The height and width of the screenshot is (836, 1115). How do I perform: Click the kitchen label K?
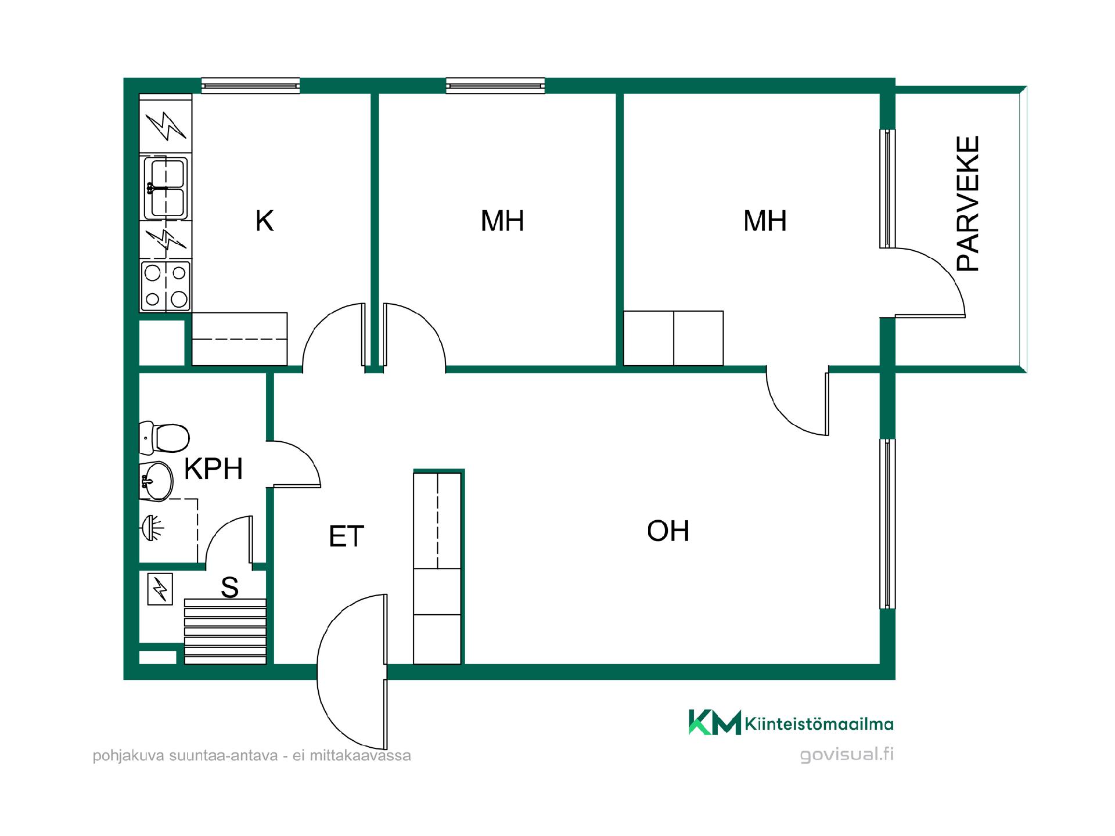264,221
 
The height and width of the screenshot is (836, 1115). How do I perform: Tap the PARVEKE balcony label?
968,204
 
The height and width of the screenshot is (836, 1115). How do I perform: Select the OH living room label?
668,531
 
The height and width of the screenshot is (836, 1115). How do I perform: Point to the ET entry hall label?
346,536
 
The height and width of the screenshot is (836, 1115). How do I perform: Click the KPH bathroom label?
213,469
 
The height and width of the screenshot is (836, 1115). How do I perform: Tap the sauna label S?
230,588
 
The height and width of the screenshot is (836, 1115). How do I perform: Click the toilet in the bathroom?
165,438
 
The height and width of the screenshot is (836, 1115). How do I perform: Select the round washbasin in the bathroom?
156,481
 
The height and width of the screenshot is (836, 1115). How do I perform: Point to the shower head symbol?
152,528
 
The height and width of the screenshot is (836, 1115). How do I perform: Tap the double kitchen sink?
166,187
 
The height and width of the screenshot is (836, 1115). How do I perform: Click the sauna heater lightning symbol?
160,589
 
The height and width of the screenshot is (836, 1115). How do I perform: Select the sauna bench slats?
225,631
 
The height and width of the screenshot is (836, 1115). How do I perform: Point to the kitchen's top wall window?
251,86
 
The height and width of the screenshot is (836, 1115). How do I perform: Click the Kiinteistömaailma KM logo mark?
715,722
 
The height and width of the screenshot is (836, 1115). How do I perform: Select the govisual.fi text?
847,754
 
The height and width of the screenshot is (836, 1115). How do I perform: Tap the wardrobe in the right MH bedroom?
674,338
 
